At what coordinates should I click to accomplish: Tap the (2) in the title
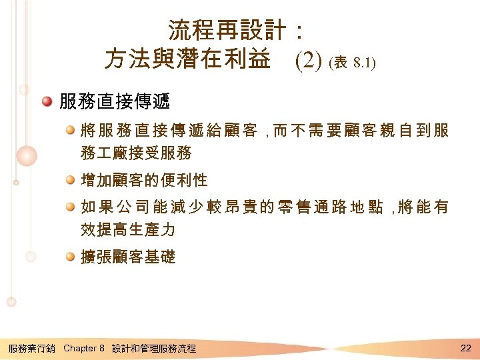pos(308,61)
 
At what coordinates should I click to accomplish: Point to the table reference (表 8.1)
pos(353,63)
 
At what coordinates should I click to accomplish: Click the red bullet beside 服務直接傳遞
pos(46,102)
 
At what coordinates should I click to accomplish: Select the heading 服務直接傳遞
pos(115,102)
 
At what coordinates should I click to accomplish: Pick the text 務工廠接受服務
pos(136,153)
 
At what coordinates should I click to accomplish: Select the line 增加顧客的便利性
pos(144,180)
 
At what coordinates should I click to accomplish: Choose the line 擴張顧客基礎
pos(128,257)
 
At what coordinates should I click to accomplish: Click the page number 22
pos(465,347)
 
